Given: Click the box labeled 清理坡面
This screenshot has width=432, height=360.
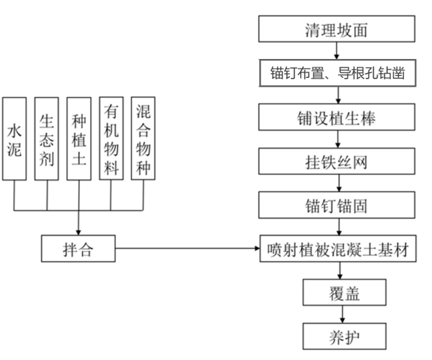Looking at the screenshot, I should point(336,30).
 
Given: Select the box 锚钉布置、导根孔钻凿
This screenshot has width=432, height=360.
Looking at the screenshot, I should point(337,74).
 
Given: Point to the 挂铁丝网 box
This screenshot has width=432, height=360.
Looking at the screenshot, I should point(337,162).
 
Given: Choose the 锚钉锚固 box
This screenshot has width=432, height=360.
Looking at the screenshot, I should point(337,206).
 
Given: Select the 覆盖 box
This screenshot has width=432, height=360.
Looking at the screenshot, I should point(345,293).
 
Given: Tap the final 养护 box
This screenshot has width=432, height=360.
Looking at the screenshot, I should point(345,336).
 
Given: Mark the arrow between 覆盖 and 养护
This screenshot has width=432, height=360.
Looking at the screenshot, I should point(345,314).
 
